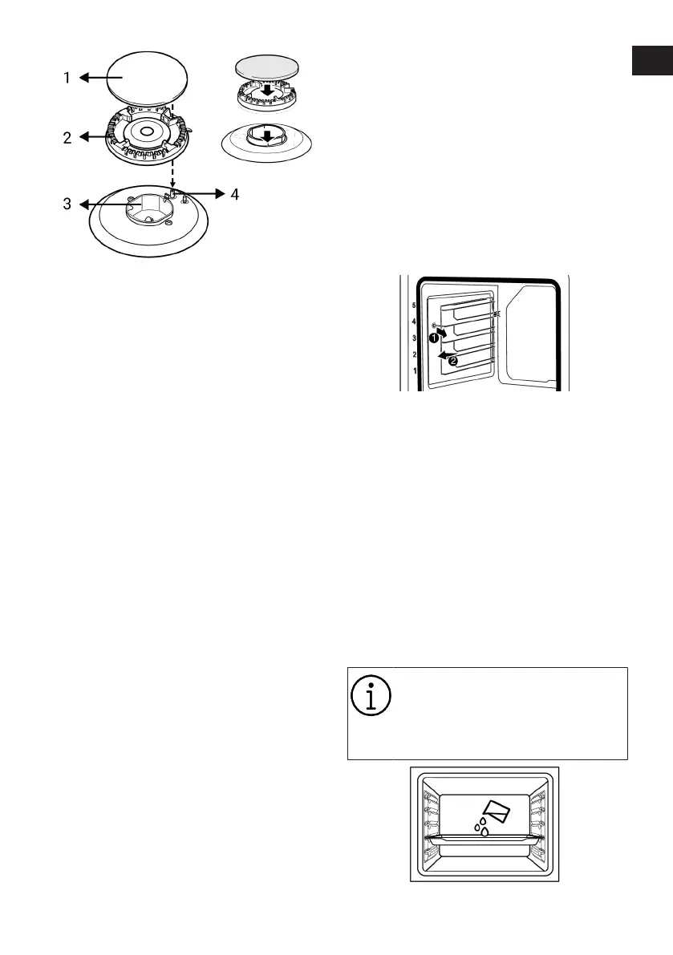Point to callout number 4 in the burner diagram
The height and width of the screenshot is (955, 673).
pos(234,194)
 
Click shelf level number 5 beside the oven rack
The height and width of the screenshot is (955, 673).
pos(414,306)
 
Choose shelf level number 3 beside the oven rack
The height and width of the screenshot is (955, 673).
pos(414,339)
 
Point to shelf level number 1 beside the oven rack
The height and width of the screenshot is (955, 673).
pos(414,371)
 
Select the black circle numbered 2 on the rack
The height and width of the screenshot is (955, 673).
pos(453,361)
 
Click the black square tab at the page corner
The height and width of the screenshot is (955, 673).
pos(651,61)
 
